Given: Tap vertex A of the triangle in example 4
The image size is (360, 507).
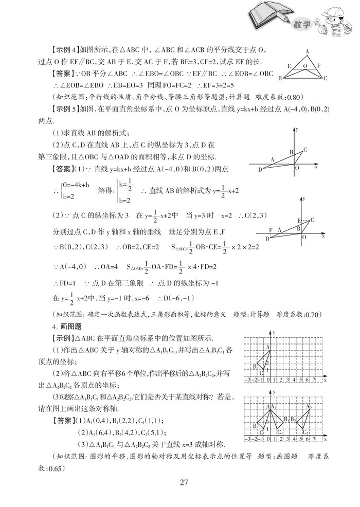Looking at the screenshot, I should tap(307, 51).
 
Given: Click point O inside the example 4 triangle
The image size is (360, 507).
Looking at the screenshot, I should tap(305, 65).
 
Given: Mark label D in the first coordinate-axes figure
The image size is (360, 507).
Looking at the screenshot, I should tap(260, 169).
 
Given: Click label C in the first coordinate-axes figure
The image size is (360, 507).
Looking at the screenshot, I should tap(305, 150).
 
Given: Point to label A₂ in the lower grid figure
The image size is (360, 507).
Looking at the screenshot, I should tap(309, 407).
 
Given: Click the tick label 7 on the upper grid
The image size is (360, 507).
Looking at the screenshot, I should tap(314, 380).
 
